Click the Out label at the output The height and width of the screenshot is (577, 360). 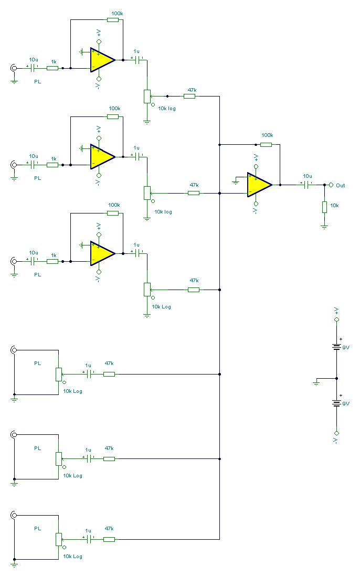coord(341,185)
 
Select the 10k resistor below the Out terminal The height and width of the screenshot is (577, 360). coord(324,207)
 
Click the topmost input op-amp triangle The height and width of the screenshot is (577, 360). coord(102,60)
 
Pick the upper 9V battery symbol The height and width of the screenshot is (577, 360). coord(336,347)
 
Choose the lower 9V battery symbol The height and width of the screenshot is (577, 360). coord(336,403)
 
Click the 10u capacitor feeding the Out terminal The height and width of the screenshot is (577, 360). coord(307,185)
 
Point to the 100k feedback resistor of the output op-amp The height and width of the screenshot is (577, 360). coord(267,144)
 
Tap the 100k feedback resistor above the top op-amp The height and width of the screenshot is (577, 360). coord(113,20)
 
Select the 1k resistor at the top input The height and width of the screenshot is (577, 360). coord(52,68)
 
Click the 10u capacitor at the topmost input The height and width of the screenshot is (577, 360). coord(34,68)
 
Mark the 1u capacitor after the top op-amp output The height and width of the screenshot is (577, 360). coord(138,60)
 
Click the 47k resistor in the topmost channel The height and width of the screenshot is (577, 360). coord(189,96)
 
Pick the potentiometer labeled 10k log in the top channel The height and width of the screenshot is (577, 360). coord(147,97)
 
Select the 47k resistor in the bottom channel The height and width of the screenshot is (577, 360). coord(109,539)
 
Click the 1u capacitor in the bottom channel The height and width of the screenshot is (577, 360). coord(88,539)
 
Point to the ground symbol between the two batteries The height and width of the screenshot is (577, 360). coord(316,383)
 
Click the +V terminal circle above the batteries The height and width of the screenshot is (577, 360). coord(336,319)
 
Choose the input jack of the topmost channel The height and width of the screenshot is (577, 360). coord(13,68)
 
